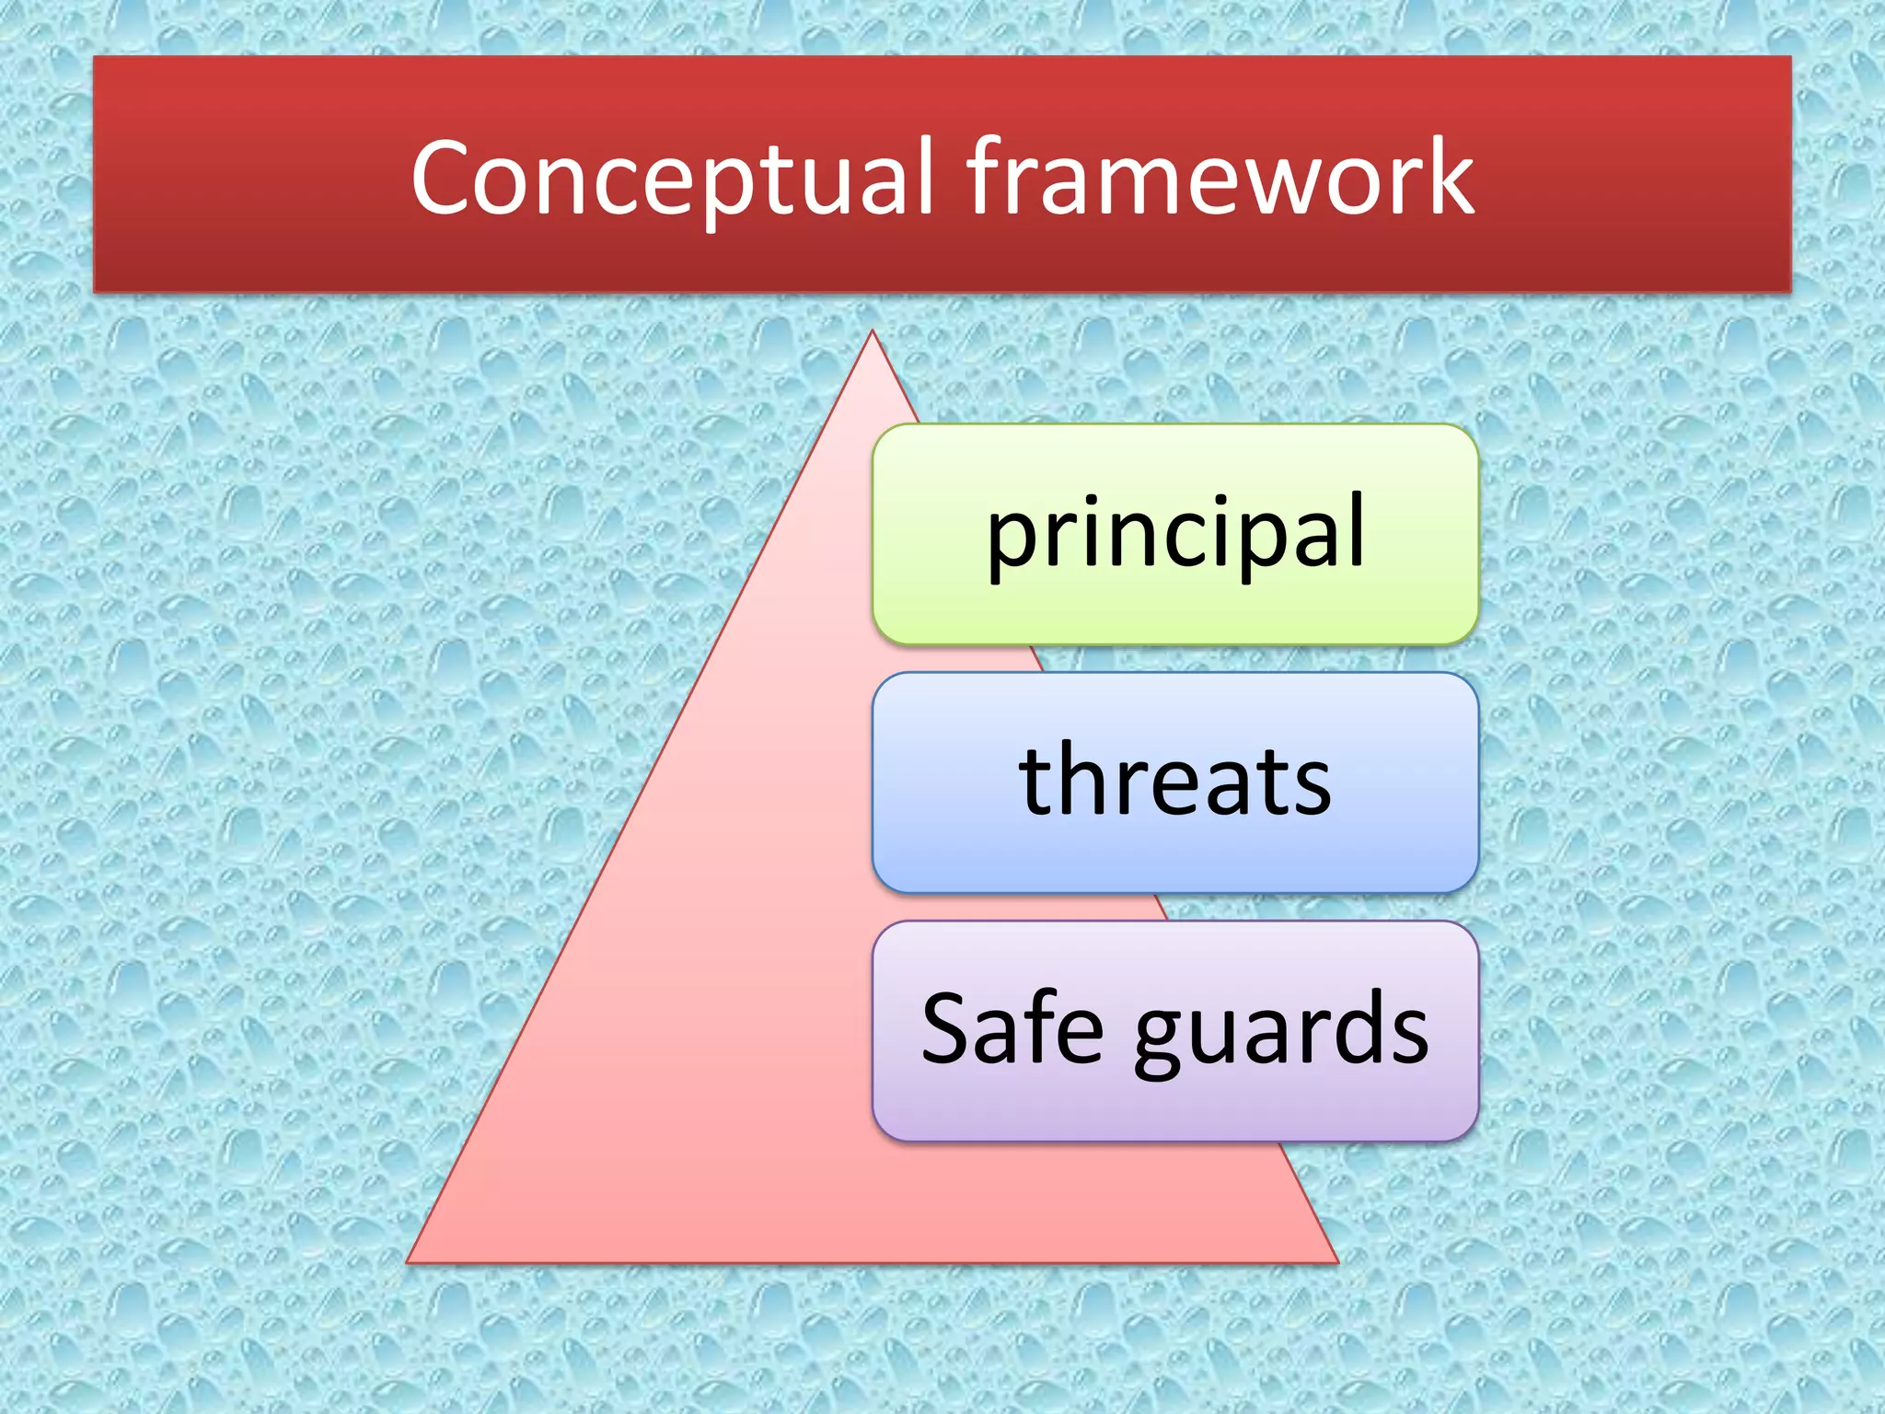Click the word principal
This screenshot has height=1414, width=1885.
[1175, 534]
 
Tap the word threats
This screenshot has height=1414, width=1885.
[1175, 781]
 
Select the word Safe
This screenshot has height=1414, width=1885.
[1012, 1028]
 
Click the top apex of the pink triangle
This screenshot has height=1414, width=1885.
[872, 333]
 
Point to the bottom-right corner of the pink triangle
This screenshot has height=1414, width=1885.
[1336, 1261]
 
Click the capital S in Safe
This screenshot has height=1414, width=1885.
[947, 1028]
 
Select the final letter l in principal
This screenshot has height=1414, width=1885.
[1357, 528]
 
